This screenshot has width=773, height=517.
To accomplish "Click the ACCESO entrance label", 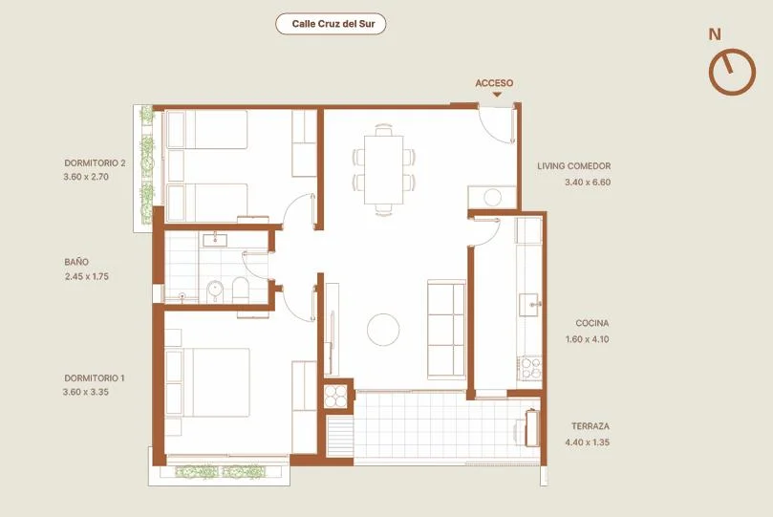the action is (x=494, y=83).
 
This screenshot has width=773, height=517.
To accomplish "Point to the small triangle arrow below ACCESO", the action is (x=497, y=95).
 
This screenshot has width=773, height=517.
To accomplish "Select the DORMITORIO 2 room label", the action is (x=95, y=162).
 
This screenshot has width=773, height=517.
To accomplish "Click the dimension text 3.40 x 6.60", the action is (x=588, y=182).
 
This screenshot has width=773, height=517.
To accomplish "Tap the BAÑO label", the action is (x=76, y=262).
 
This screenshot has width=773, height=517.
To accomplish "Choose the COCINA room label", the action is (x=592, y=323).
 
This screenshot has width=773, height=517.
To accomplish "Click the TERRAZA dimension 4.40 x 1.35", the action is (x=587, y=442).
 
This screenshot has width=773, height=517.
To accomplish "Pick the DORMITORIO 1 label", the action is (x=95, y=378).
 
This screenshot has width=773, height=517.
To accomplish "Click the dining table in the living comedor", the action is (x=383, y=169).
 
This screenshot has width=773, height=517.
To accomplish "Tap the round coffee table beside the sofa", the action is (x=383, y=330).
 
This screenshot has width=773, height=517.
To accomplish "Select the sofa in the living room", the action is (x=446, y=330).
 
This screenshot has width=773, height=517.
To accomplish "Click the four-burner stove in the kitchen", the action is (x=531, y=368).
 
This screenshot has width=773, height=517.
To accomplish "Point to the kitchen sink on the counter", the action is (x=529, y=305).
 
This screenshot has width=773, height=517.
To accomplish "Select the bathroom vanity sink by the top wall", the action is (x=214, y=240).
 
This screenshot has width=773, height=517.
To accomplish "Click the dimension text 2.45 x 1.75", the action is (x=87, y=276).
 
